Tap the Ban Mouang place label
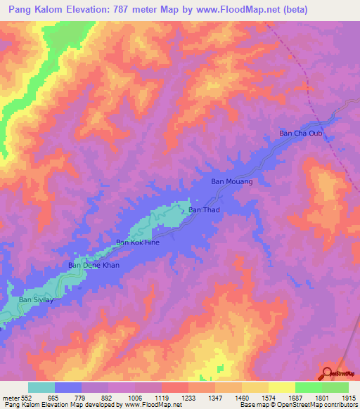click(x=231, y=181)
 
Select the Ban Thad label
click(x=205, y=210)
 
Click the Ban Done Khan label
click(x=93, y=265)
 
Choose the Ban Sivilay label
click(x=36, y=299)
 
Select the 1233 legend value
click(x=188, y=397)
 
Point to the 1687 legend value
click(x=295, y=397)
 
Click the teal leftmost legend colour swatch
click(x=41, y=387)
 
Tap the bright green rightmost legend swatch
click(x=335, y=387)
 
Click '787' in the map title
click(x=125, y=11)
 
